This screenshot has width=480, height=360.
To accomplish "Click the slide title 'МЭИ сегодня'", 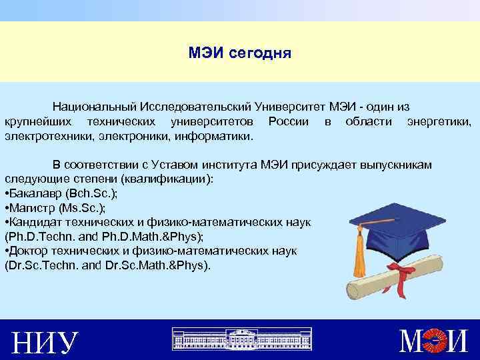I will point(240,53).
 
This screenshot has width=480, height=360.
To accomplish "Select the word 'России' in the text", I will point(287,121).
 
